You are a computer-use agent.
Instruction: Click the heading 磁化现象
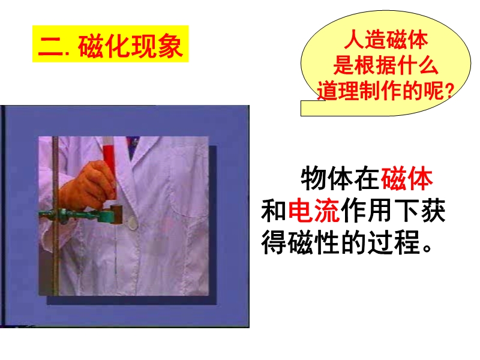tap(130, 46)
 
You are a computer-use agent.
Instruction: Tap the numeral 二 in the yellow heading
tap(50, 47)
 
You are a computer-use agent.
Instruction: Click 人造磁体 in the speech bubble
tap(386, 40)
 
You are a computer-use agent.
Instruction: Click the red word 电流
tap(314, 211)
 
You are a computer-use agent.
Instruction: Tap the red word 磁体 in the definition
tap(407, 179)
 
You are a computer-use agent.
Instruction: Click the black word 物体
tap(327, 179)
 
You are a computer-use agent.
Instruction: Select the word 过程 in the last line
tap(394, 242)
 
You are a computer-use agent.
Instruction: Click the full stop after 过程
tap(427, 248)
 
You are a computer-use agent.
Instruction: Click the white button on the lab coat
tap(132, 223)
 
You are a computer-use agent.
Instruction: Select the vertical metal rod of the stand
tap(55, 216)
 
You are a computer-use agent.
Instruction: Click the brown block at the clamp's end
tap(117, 214)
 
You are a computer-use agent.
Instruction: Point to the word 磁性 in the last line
tap(313, 242)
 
